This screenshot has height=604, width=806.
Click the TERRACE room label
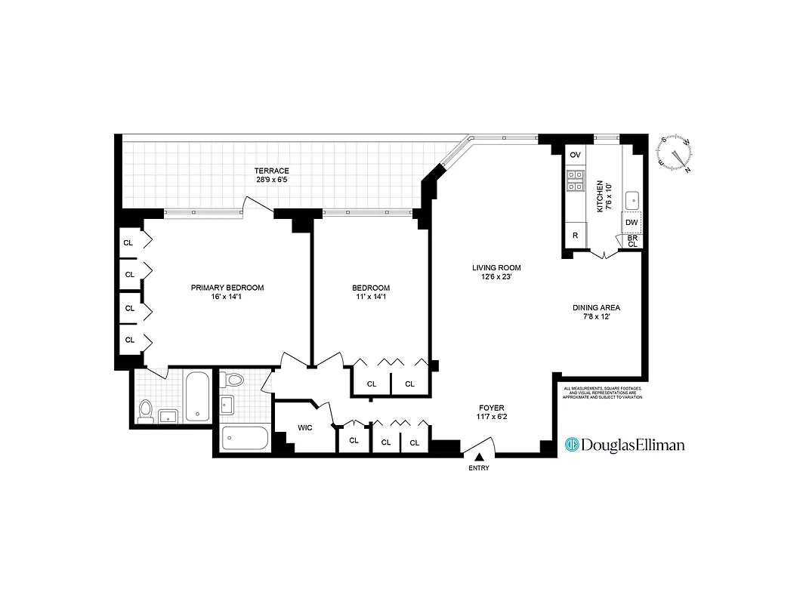271,171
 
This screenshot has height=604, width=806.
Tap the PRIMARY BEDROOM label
227,288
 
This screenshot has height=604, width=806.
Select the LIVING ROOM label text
496,268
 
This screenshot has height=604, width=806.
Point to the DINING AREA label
596,308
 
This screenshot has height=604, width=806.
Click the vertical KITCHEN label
601,196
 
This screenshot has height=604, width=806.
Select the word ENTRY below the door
478,468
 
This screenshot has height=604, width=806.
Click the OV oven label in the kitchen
576,155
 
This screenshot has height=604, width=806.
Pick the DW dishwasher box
632,223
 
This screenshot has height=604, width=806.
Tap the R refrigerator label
576,236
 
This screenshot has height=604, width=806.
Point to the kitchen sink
633,201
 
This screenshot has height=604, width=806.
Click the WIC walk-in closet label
305,428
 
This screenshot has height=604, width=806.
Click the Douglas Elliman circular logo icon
572,445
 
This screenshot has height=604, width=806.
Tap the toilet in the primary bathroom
147,410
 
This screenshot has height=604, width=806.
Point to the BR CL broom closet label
632,241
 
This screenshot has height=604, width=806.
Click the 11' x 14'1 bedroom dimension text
371,296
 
